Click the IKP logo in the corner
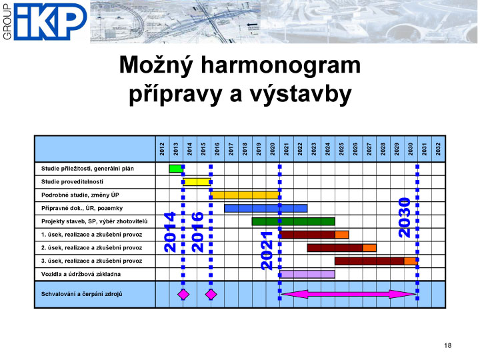[45, 21]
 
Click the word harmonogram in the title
[281, 65]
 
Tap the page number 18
[447, 345]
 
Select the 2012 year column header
[162, 149]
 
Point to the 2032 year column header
[438, 149]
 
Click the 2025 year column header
[341, 149]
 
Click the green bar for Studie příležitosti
[176, 169]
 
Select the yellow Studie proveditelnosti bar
[197, 182]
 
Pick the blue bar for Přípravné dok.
[266, 208]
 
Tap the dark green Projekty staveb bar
[293, 221]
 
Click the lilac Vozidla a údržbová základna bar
[307, 274]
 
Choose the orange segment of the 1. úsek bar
[341, 235]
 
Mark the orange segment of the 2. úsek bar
[369, 247]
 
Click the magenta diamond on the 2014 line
[183, 295]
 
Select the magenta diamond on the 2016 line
[211, 295]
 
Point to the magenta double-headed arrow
[349, 295]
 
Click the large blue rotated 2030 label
[405, 217]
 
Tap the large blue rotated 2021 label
[267, 251]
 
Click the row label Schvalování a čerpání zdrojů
[82, 294]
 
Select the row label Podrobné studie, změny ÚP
[80, 195]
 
